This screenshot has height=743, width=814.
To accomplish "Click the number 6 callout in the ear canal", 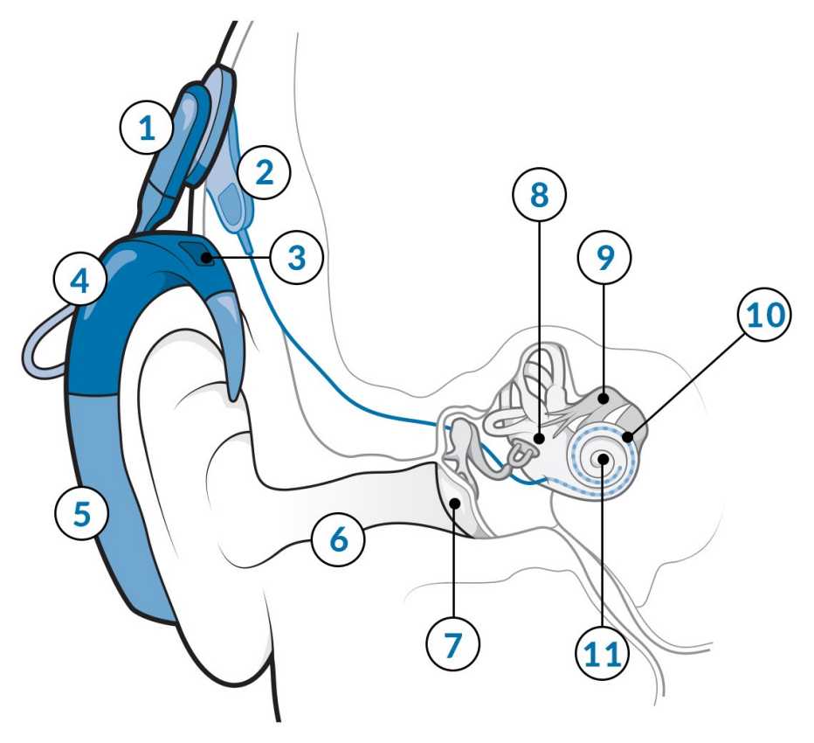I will pyautogui.click(x=339, y=539).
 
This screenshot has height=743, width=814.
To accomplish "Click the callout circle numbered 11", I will pyautogui.click(x=604, y=651).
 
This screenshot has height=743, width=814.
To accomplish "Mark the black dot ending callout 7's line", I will pyautogui.click(x=455, y=503).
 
